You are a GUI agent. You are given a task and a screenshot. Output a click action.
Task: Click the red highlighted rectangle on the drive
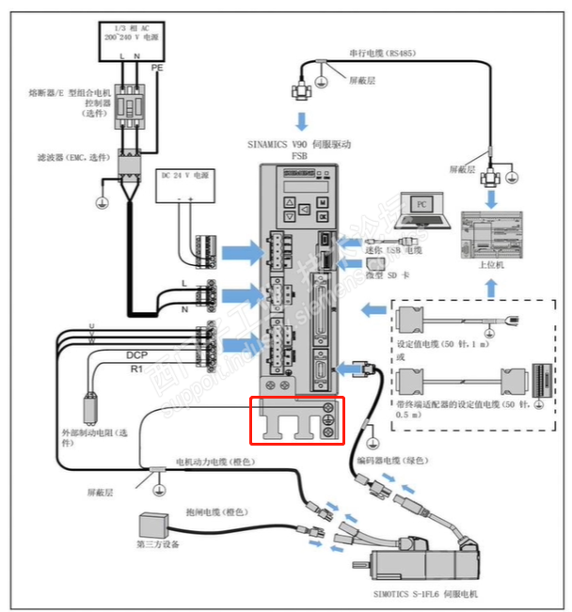(295, 420)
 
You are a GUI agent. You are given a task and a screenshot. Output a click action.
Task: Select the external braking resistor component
(92, 406)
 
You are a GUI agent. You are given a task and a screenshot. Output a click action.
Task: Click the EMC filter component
(129, 165)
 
